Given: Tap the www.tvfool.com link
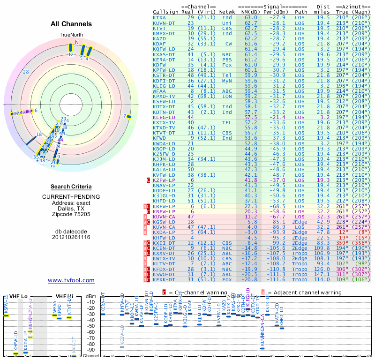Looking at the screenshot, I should pos(71,280).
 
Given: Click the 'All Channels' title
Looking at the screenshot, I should pos(71,24).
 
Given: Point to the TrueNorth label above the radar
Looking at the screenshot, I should pos(71,35).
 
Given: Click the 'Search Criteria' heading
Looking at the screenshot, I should pos(71,187).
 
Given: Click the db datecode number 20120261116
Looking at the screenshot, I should pos(71,237).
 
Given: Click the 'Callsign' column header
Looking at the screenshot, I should pos(165,11).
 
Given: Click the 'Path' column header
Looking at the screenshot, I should pos(301,11).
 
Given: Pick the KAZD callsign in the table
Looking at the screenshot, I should pos(159,38).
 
